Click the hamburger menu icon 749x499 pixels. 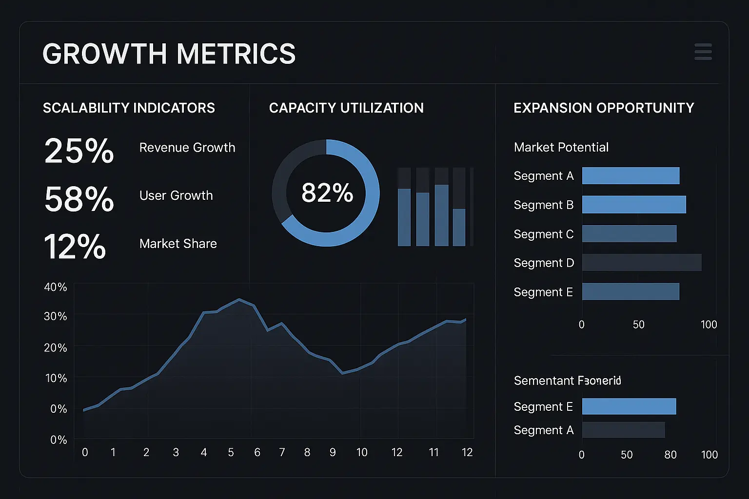click(x=703, y=52)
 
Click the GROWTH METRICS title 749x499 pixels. click(x=169, y=54)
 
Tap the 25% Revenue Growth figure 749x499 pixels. click(x=79, y=151)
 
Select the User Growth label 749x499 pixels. click(x=176, y=195)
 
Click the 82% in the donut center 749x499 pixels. click(x=327, y=193)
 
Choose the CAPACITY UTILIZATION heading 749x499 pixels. click(x=346, y=108)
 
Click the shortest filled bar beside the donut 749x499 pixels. click(x=459, y=227)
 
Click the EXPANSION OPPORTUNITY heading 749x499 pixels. click(x=604, y=108)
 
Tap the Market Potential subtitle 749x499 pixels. click(x=561, y=147)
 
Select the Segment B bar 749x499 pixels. click(x=634, y=205)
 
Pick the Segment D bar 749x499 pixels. click(x=642, y=263)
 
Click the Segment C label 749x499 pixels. click(x=543, y=234)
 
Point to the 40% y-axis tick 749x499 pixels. click(x=56, y=287)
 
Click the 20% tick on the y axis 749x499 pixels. click(x=56, y=348)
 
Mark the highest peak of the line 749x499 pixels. click(x=239, y=299)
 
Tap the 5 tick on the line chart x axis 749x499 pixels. click(x=231, y=453)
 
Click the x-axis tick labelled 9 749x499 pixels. click(x=333, y=453)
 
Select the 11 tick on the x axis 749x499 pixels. click(x=434, y=453)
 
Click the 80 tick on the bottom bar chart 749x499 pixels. click(x=670, y=455)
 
